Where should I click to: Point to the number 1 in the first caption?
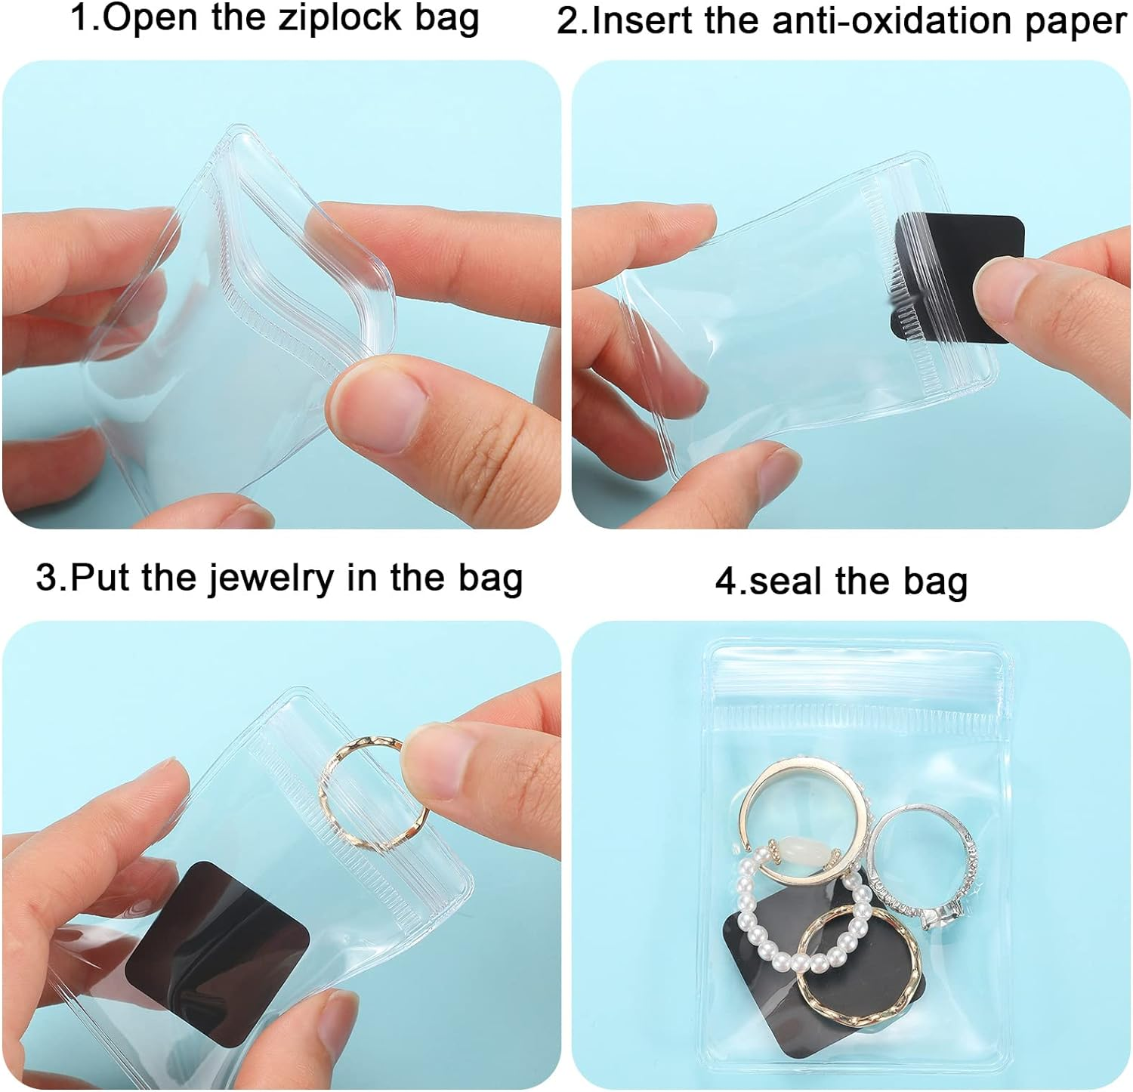[x=79, y=18]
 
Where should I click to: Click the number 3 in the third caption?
[x=45, y=578]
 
